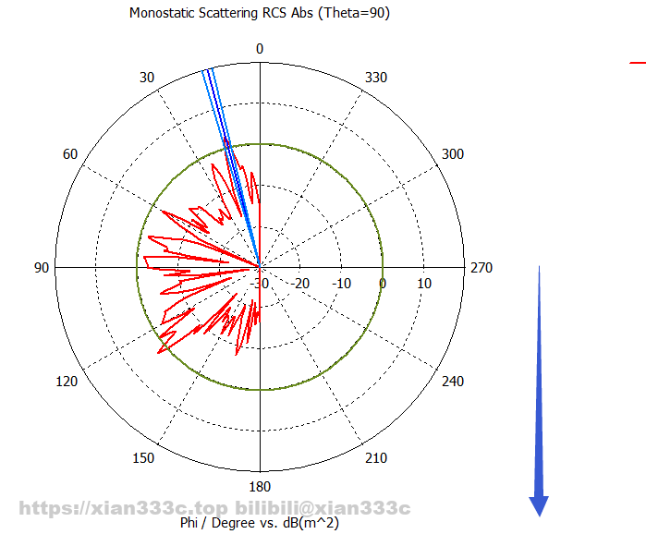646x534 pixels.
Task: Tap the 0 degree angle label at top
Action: point(260,49)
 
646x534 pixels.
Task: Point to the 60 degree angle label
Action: point(70,153)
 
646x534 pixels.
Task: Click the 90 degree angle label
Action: point(42,268)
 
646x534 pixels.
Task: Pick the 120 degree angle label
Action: point(67,382)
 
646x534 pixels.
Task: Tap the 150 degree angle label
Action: point(143,459)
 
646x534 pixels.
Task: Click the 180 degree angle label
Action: point(260,487)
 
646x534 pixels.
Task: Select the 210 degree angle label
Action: point(376,459)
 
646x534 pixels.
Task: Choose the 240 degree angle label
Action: point(453,382)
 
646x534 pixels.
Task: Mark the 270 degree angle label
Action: point(481,268)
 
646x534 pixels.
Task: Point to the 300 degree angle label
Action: point(453,153)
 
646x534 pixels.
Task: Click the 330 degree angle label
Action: point(376,78)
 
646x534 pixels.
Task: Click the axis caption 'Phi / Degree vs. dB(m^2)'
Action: point(260,523)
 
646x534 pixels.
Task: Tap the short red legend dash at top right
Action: point(637,62)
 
